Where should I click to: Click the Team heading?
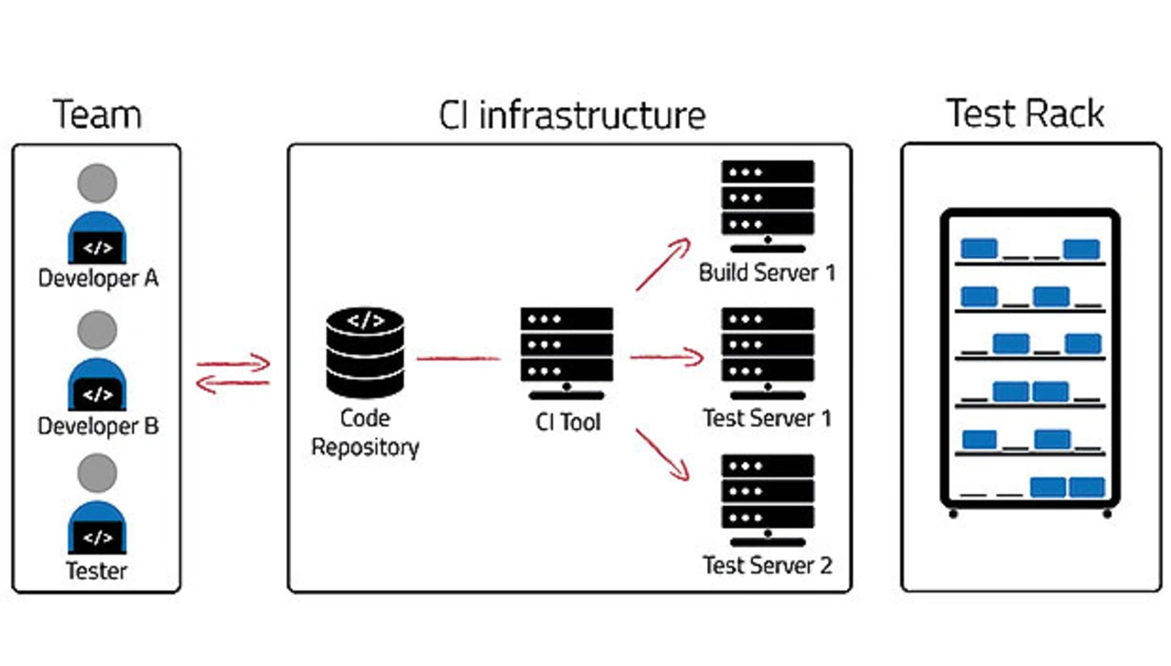[97, 115]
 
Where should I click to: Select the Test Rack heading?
[1026, 113]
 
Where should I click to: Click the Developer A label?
[98, 278]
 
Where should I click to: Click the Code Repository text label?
[365, 433]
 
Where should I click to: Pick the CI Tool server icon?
[566, 352]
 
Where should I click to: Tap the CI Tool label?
[568, 423]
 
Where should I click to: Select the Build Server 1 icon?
[768, 205]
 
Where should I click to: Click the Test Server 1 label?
[767, 419]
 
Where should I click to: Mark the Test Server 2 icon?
[768, 499]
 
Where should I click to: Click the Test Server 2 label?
[767, 565]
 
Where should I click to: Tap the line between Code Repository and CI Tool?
[458, 359]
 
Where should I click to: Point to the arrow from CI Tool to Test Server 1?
[666, 358]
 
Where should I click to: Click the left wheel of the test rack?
[953, 514]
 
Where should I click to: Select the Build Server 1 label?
[767, 273]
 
